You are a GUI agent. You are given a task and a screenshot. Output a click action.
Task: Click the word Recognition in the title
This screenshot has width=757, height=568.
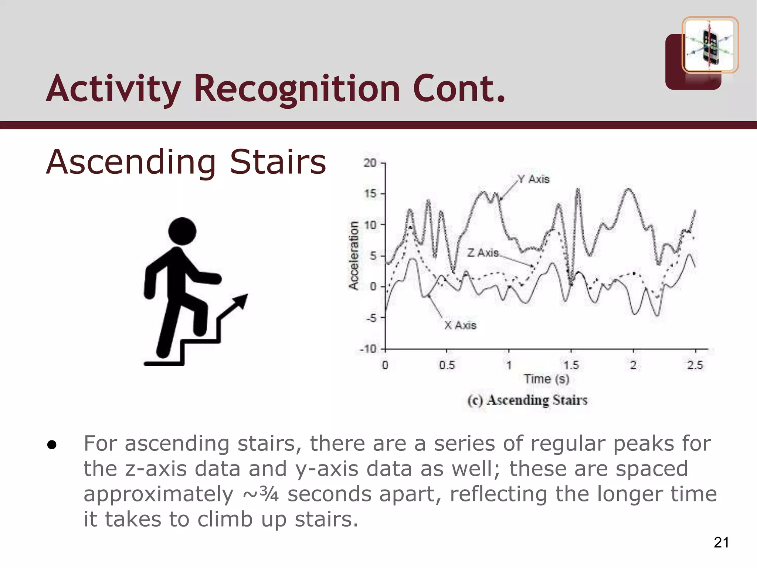tap(297, 89)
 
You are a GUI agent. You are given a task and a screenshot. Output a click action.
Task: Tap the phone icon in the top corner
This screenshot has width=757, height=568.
tap(710, 45)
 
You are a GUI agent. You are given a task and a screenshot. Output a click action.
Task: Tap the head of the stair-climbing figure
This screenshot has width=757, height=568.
tap(182, 231)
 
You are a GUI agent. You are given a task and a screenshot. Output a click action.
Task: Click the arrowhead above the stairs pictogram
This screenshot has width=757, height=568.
tap(241, 301)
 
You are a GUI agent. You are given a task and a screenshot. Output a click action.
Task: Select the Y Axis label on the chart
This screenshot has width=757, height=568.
tap(533, 179)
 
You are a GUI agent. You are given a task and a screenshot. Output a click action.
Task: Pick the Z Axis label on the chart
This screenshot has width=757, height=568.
tap(483, 253)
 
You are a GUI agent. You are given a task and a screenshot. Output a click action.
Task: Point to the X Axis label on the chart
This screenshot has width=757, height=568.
tap(460, 325)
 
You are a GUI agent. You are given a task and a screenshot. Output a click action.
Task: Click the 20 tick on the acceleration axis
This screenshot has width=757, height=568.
tap(370, 163)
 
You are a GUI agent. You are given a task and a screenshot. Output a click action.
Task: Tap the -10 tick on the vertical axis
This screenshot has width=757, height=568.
tap(368, 349)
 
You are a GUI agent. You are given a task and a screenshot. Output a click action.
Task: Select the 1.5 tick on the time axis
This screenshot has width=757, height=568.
tap(571, 365)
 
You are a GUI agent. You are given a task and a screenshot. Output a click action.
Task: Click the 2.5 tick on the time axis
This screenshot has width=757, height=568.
tap(695, 365)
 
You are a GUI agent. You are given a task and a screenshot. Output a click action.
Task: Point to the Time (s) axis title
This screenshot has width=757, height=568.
tap(546, 379)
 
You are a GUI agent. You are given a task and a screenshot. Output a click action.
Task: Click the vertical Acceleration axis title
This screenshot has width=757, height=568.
tap(354, 255)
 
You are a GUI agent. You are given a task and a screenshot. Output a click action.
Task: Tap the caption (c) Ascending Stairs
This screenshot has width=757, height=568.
tap(527, 400)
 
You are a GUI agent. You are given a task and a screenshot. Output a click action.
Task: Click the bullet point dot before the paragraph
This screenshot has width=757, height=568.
tap(52, 445)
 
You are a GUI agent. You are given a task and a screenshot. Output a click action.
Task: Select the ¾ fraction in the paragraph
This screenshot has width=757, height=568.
tap(269, 494)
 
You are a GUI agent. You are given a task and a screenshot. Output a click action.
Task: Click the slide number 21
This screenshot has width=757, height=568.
tap(721, 542)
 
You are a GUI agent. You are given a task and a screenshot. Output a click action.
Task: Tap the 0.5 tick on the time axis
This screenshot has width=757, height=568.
tap(447, 365)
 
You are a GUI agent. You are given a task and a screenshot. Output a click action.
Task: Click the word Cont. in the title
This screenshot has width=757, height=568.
tap(459, 89)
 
